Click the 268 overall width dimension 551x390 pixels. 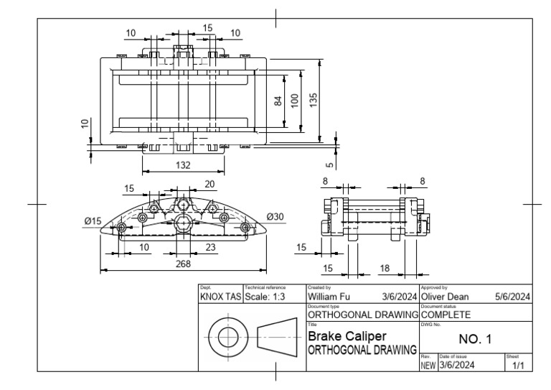[184, 263]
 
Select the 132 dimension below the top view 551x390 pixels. [184, 165]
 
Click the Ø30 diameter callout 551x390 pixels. [275, 217]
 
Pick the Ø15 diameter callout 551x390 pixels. [93, 221]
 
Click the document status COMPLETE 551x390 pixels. [446, 315]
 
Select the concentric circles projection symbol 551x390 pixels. [228, 337]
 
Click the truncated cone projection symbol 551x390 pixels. [278, 337]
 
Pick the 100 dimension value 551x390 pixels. [295, 102]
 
